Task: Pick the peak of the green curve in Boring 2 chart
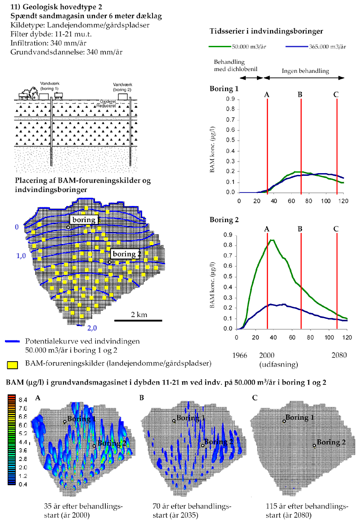point(272,240)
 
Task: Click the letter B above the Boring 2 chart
point(301,228)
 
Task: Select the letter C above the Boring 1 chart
point(337,94)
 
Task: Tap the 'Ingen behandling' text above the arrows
point(305,71)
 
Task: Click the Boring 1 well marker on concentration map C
point(284,421)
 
